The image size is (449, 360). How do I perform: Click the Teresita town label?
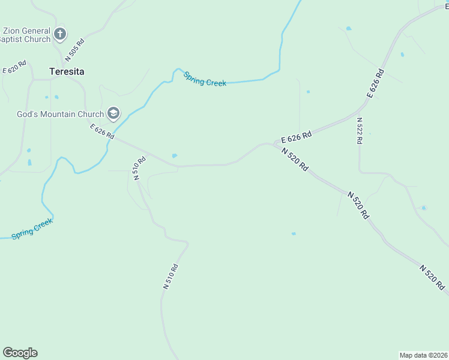click(x=66, y=71)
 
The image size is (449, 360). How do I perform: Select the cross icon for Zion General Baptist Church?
click(x=60, y=34)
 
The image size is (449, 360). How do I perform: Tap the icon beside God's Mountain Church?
click(x=113, y=113)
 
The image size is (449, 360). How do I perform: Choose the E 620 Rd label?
click(x=15, y=67)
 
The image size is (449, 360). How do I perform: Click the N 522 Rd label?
click(x=359, y=130)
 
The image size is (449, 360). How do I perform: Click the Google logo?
click(x=20, y=353)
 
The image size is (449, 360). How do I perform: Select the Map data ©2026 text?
click(x=423, y=355)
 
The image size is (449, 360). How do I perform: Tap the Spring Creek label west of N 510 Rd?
click(x=32, y=229)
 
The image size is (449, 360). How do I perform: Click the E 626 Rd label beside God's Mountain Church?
click(x=102, y=131)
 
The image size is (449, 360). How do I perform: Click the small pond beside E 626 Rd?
click(x=174, y=156)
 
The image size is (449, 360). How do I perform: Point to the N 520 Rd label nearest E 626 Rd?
click(x=295, y=159)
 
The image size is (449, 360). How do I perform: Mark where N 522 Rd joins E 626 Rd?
click(x=358, y=111)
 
